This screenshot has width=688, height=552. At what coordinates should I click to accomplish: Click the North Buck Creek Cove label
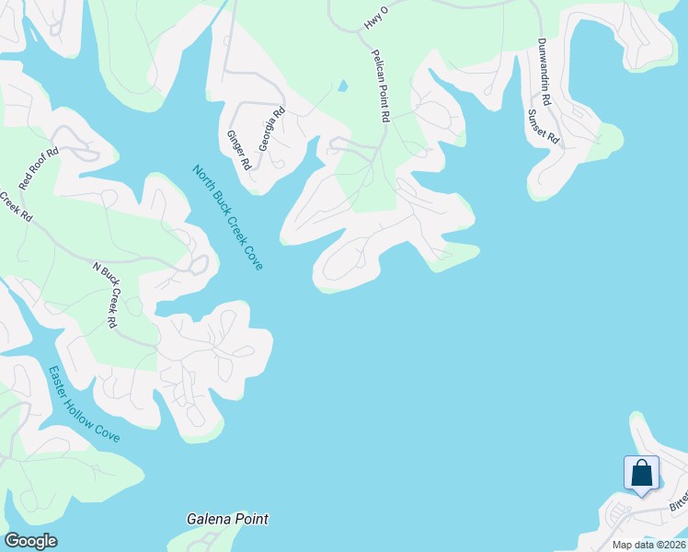(x=227, y=217)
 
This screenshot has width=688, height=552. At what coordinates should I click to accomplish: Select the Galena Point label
(x=227, y=519)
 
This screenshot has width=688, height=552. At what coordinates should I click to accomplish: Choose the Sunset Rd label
(x=543, y=126)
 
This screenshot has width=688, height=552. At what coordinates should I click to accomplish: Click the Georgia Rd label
(x=272, y=130)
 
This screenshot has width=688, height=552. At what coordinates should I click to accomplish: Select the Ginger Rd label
(x=239, y=150)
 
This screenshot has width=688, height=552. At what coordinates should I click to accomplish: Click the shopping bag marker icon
(x=641, y=474)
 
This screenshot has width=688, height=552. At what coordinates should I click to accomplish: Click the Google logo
(x=30, y=541)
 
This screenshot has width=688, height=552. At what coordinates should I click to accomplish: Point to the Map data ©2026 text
(x=648, y=545)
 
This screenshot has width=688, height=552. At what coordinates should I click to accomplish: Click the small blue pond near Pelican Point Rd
(x=343, y=86)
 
